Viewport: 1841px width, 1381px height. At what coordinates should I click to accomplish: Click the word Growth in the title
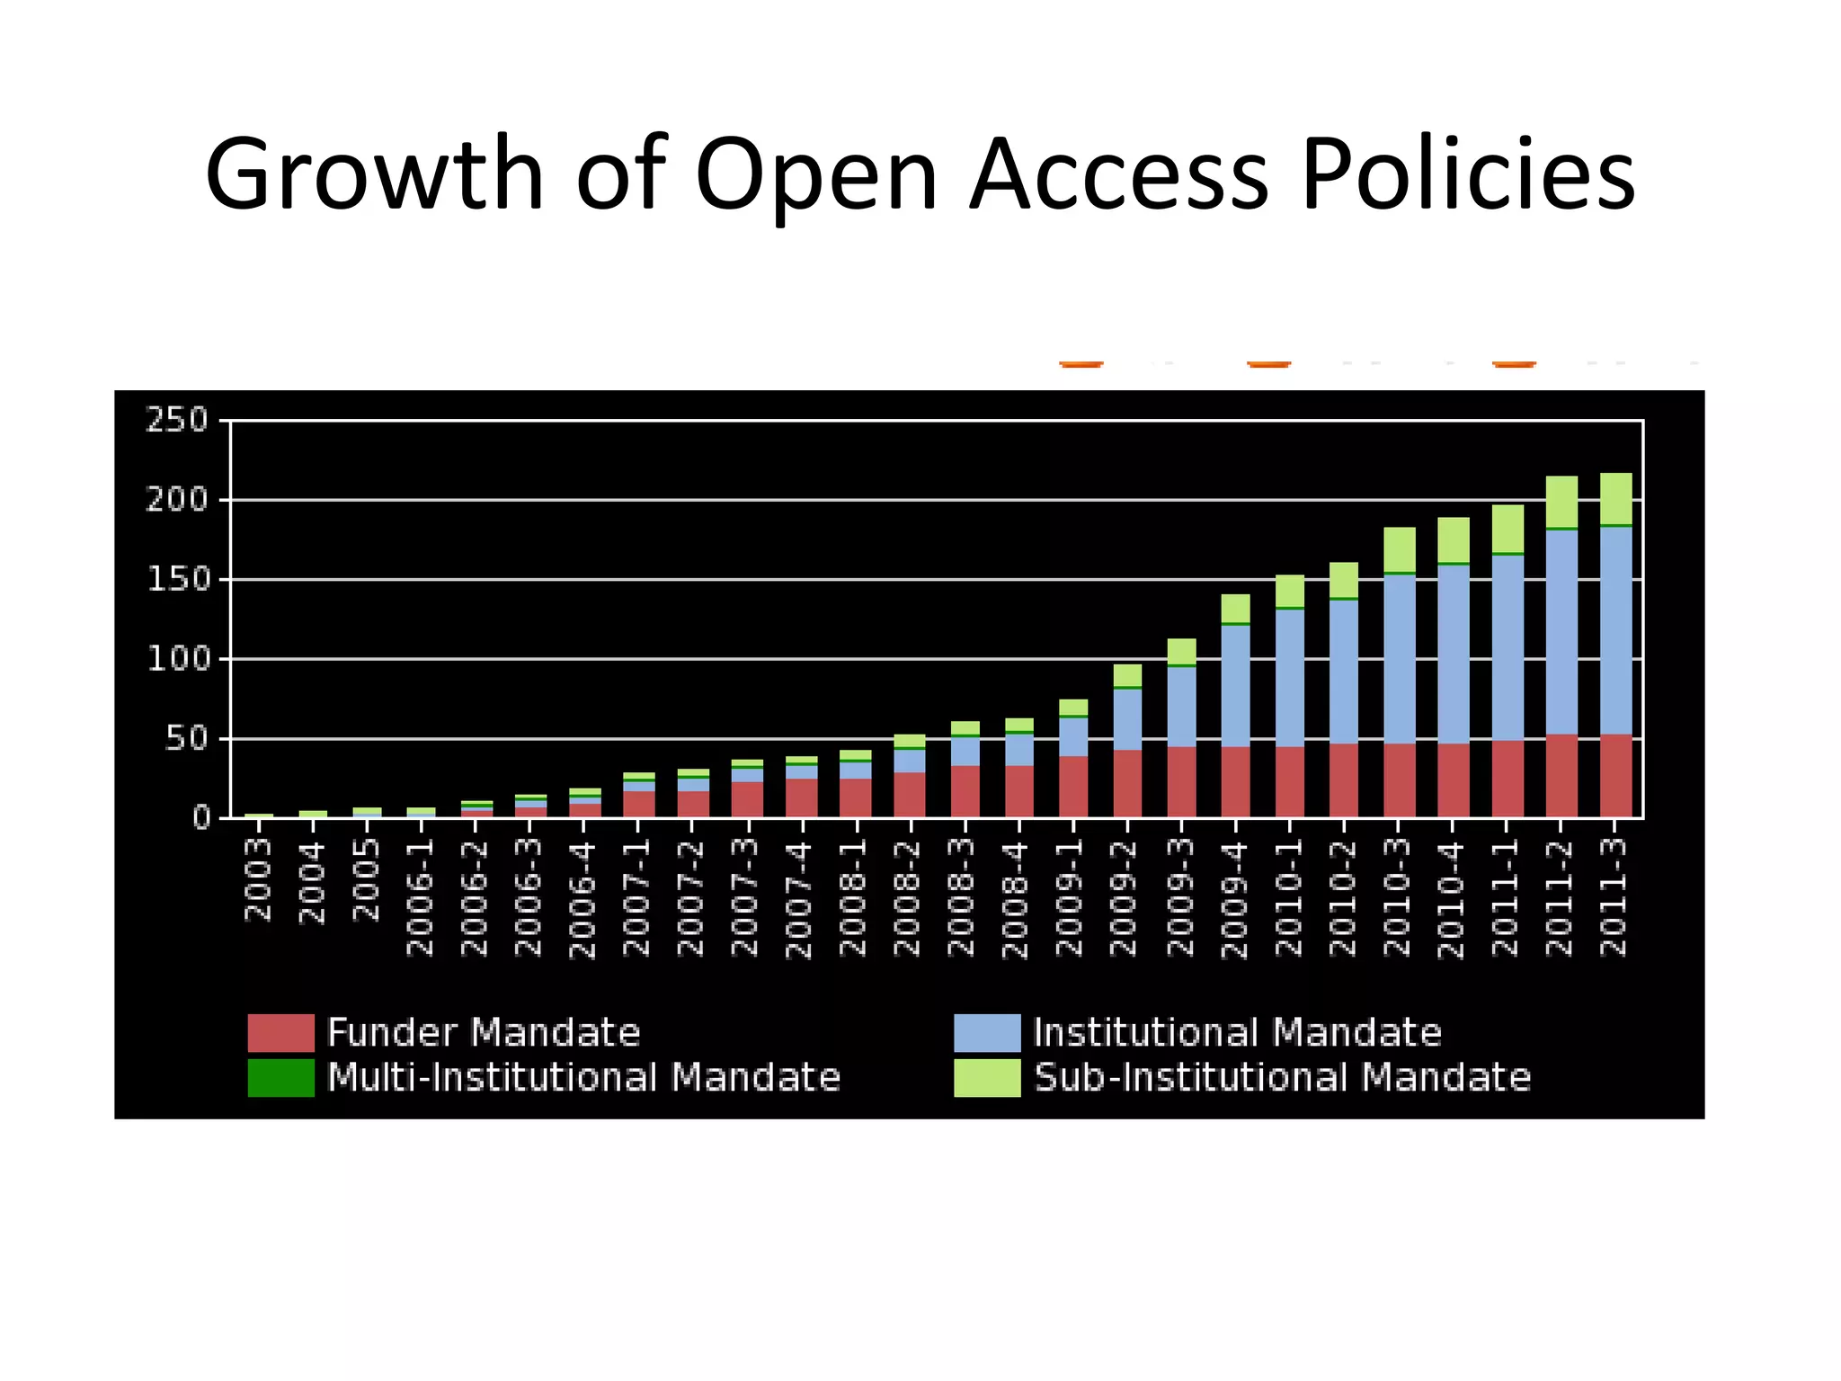click(374, 174)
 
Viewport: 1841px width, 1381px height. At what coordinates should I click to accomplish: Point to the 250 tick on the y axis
click(177, 420)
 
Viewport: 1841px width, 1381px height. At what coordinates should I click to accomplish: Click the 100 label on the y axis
click(177, 659)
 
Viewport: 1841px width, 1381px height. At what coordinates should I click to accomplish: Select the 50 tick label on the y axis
click(187, 739)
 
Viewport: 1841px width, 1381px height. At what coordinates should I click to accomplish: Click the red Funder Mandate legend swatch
click(280, 1032)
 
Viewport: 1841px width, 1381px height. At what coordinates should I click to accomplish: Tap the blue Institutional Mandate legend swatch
click(987, 1032)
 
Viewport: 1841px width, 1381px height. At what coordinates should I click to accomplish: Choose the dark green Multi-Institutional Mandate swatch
click(280, 1077)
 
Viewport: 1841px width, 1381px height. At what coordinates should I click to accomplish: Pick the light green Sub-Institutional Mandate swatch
click(987, 1077)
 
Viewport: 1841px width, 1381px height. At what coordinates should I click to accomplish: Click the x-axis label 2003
click(258, 879)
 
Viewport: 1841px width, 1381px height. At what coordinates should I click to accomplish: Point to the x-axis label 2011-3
click(1614, 896)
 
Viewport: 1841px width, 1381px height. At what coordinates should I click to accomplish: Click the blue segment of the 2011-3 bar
click(1615, 629)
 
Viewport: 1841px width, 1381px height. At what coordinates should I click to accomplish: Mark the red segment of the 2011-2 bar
click(1561, 775)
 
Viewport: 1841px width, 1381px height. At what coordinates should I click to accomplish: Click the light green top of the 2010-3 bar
click(1399, 548)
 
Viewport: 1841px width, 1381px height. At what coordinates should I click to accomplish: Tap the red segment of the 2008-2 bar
click(910, 794)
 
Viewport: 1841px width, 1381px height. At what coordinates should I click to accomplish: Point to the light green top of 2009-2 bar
click(1127, 674)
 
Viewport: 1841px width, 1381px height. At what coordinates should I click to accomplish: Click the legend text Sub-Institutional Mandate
click(1282, 1077)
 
